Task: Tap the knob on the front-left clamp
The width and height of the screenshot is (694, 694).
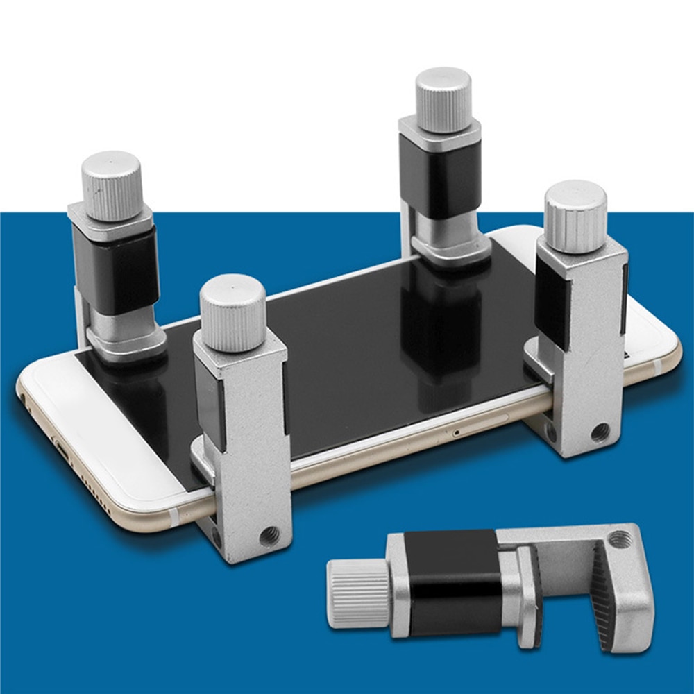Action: [232, 312]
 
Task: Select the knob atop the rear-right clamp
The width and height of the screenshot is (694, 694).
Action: [443, 99]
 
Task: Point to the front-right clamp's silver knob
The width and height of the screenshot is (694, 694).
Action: [575, 216]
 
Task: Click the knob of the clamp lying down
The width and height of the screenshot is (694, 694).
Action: [358, 593]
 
